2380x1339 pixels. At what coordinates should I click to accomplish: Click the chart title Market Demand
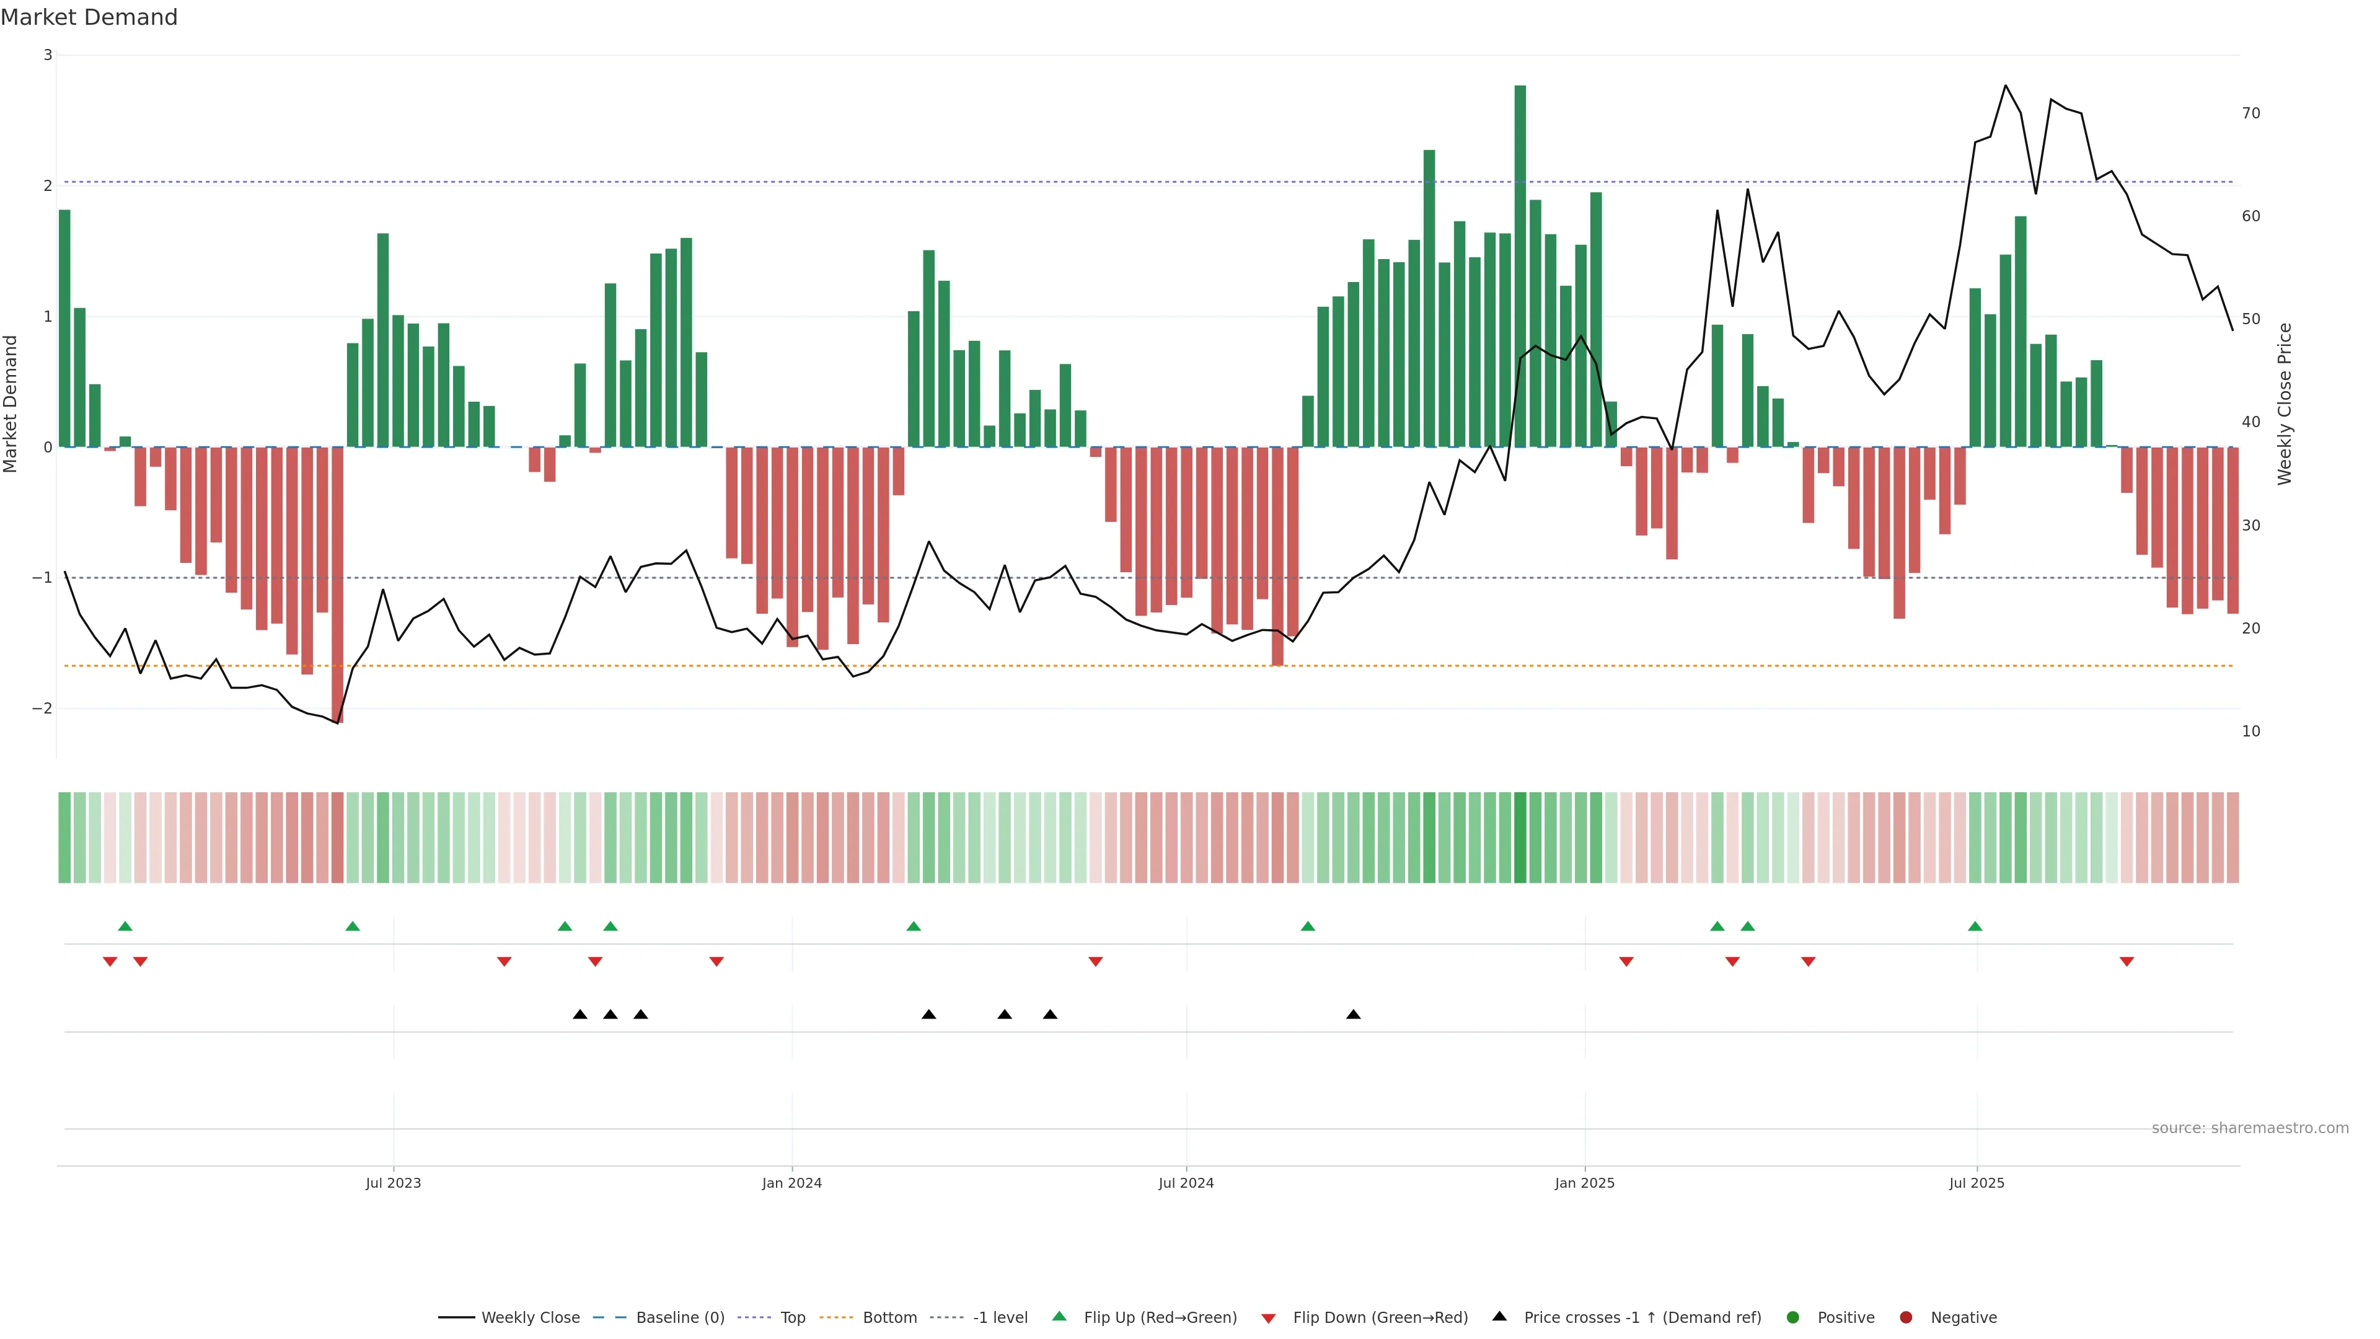(89, 17)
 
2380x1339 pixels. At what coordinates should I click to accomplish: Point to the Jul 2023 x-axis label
(393, 1183)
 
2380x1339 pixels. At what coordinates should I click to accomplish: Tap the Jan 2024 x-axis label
(792, 1183)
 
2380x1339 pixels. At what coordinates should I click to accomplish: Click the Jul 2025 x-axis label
(1977, 1183)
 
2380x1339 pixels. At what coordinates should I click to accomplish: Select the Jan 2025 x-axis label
(1585, 1183)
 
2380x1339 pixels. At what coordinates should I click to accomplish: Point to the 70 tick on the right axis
(2250, 113)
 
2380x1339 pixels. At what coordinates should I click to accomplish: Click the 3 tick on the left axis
(48, 55)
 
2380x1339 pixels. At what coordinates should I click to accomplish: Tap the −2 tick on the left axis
(43, 709)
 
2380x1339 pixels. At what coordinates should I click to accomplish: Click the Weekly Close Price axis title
(2285, 404)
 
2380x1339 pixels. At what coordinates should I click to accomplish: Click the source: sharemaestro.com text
(2250, 1128)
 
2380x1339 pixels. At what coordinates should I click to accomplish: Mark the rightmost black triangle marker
(1354, 1015)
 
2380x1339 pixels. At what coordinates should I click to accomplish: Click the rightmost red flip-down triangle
(2127, 962)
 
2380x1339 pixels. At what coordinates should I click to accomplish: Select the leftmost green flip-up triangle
(126, 926)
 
